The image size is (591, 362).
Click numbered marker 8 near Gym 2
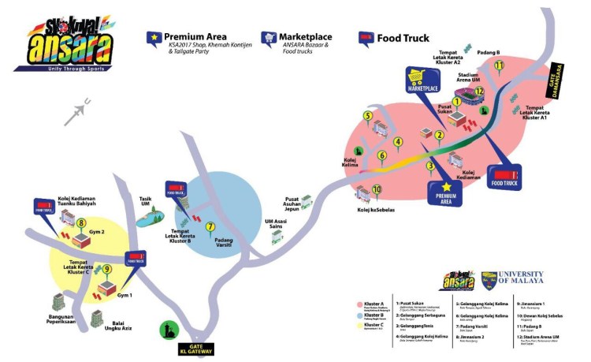[81, 223]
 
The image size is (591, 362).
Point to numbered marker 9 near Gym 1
[107, 269]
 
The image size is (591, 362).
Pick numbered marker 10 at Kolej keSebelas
[377, 189]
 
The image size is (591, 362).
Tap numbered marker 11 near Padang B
[498, 66]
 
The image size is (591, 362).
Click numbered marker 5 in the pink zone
[367, 117]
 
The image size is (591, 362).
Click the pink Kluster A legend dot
[360, 303]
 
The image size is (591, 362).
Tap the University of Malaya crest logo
[492, 280]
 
